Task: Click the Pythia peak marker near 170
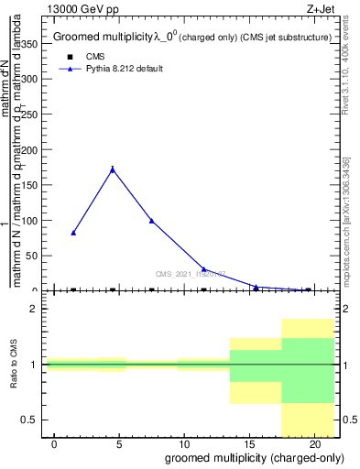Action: pos(113,169)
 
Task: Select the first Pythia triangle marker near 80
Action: pos(73,233)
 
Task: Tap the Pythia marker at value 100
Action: pos(151,221)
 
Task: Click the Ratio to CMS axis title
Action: pos(14,365)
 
